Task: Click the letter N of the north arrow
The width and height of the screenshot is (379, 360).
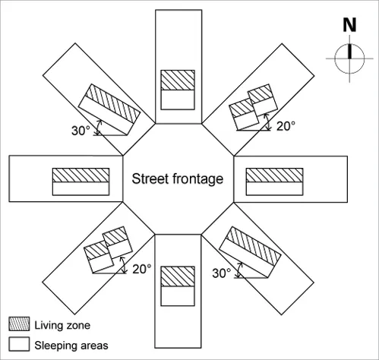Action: (x=349, y=25)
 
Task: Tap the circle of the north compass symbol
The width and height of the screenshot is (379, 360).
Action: (x=335, y=58)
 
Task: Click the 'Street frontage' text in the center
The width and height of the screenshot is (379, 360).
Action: (x=178, y=179)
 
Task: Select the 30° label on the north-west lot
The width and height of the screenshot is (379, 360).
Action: (x=81, y=131)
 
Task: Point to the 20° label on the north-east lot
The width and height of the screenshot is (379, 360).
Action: (x=286, y=126)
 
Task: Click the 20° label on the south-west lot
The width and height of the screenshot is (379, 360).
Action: (x=142, y=269)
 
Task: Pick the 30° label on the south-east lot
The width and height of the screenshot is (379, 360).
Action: (x=222, y=273)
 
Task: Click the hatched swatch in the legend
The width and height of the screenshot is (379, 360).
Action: (x=19, y=324)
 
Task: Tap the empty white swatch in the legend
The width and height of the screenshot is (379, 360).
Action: (x=19, y=344)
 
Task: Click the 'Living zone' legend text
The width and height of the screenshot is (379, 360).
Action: (x=62, y=325)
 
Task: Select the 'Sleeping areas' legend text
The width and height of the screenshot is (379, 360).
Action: (x=71, y=346)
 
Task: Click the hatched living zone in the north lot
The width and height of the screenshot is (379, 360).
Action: (x=178, y=80)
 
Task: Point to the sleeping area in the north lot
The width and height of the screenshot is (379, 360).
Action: (x=178, y=99)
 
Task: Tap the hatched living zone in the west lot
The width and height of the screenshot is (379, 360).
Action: (x=81, y=175)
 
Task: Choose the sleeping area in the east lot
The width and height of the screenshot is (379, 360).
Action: (x=274, y=188)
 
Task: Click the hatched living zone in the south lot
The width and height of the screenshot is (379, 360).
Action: (x=178, y=276)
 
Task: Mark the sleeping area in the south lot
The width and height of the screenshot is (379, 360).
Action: (x=178, y=296)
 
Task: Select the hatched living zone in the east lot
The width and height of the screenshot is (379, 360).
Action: (x=274, y=175)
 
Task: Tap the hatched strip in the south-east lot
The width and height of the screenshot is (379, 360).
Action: (x=254, y=246)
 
